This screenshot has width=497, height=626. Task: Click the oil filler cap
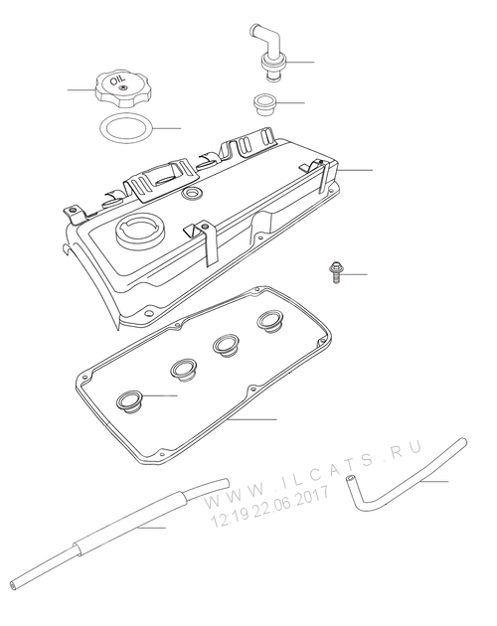point(123,88)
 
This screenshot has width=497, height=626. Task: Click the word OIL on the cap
point(117,80)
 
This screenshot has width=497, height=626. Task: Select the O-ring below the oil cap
point(126,128)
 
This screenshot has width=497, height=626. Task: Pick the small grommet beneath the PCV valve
point(264,104)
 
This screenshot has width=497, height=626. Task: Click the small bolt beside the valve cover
point(335,273)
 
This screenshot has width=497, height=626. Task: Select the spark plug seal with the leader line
point(129,402)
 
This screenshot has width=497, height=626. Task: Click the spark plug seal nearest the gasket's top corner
point(270,321)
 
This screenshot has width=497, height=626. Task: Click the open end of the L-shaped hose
point(350,478)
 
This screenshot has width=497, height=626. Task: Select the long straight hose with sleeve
point(120,533)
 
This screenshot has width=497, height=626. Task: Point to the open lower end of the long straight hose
point(14,585)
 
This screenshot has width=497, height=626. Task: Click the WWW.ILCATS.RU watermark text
point(313,474)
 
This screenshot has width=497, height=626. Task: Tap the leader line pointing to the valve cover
point(355,171)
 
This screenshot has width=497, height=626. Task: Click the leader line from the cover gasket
point(251,419)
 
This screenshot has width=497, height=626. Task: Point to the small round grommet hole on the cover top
point(192,193)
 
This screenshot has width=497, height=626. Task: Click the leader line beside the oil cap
point(82,89)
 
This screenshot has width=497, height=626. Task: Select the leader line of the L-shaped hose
point(433,482)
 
